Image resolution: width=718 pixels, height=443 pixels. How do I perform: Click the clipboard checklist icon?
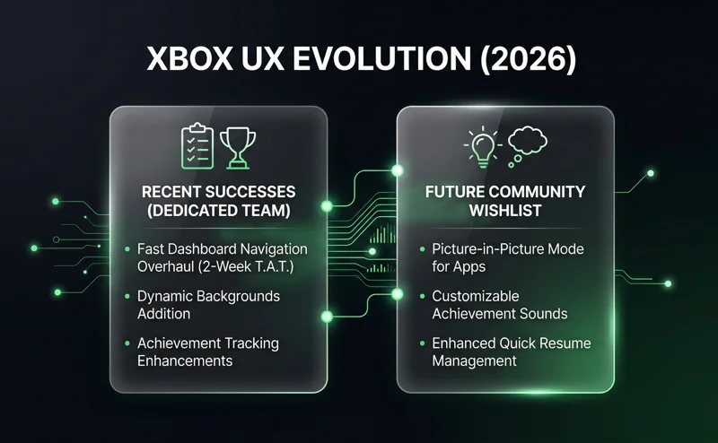point(197,146)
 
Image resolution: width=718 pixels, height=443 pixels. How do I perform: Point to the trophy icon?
point(238,146)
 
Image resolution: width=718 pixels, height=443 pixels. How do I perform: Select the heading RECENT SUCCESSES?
point(218,193)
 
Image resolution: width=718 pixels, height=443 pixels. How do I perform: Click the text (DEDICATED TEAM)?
point(218,213)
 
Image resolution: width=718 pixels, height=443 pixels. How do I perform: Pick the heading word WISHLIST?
point(505,213)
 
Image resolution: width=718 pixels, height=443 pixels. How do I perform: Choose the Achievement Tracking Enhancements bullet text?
point(208,352)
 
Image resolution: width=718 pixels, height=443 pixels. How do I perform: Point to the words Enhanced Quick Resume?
point(511,343)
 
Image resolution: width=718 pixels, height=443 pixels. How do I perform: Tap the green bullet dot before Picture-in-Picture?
point(421,248)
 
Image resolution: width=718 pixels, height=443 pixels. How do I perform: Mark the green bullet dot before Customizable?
point(421,296)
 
